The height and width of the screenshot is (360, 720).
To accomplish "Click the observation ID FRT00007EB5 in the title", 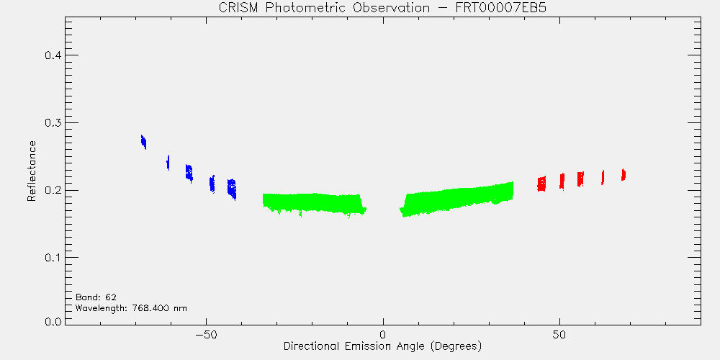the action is [500, 8].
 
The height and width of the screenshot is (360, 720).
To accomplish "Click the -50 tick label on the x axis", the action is [206, 335].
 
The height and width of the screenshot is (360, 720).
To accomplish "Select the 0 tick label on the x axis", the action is [383, 335].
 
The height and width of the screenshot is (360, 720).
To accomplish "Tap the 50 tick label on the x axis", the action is [559, 335].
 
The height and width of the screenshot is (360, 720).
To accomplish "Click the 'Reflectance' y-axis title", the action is [31, 171].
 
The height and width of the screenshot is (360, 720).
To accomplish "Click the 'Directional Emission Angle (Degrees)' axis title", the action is [383, 346].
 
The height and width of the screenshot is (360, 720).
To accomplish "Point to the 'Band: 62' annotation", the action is [96, 297].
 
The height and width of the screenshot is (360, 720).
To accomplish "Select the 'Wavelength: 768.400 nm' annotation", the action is [131, 308].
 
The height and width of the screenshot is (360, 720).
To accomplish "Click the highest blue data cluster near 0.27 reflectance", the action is [143, 142].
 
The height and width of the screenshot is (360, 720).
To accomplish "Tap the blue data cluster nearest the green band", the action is [232, 189].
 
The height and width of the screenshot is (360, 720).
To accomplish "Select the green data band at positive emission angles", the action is [456, 199].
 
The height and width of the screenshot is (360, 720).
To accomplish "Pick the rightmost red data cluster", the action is [624, 174].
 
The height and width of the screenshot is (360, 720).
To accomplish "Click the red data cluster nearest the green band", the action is [542, 184].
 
